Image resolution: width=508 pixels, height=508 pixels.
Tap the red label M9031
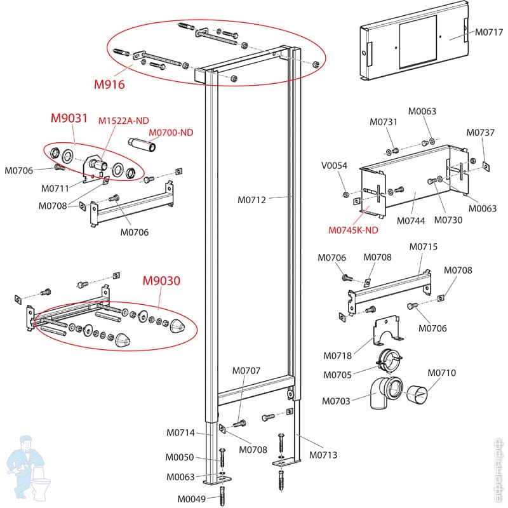[x=68, y=119]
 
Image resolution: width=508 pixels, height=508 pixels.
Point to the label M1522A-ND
[x=123, y=121]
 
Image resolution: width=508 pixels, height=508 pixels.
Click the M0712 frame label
[x=252, y=200]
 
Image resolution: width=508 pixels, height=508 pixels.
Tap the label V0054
[x=334, y=166]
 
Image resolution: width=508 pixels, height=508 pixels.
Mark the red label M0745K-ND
[x=354, y=230]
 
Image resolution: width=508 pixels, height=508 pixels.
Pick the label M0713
[x=323, y=455]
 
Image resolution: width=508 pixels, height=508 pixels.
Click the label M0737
[x=481, y=133]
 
